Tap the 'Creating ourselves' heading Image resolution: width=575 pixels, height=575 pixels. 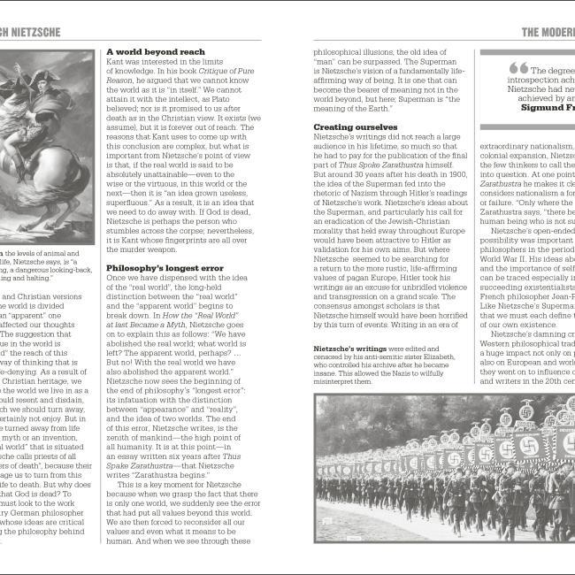pos(356,127)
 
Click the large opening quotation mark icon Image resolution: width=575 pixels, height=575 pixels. pos(518,68)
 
